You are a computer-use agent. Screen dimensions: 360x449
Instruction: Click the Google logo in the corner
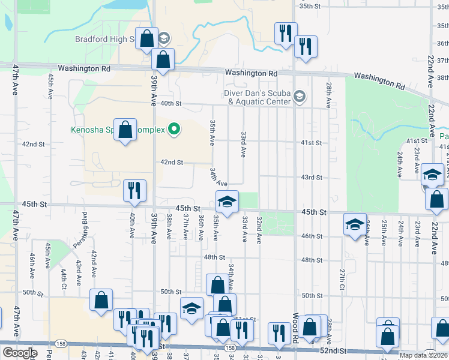(19, 353)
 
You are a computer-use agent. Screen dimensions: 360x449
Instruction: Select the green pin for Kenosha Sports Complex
(174, 128)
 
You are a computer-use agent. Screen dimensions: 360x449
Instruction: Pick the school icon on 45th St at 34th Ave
(228, 203)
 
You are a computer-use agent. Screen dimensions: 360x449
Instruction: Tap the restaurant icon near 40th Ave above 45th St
(134, 191)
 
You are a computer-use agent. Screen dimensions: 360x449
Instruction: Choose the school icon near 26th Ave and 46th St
(355, 224)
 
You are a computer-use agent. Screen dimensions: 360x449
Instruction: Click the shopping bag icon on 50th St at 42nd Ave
(101, 299)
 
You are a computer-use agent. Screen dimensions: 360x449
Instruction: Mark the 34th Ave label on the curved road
(217, 177)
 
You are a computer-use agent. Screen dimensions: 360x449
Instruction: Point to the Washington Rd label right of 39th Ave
(252, 73)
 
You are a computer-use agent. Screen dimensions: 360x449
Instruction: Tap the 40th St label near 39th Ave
(170, 103)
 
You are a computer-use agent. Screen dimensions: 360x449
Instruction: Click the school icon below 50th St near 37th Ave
(191, 308)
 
